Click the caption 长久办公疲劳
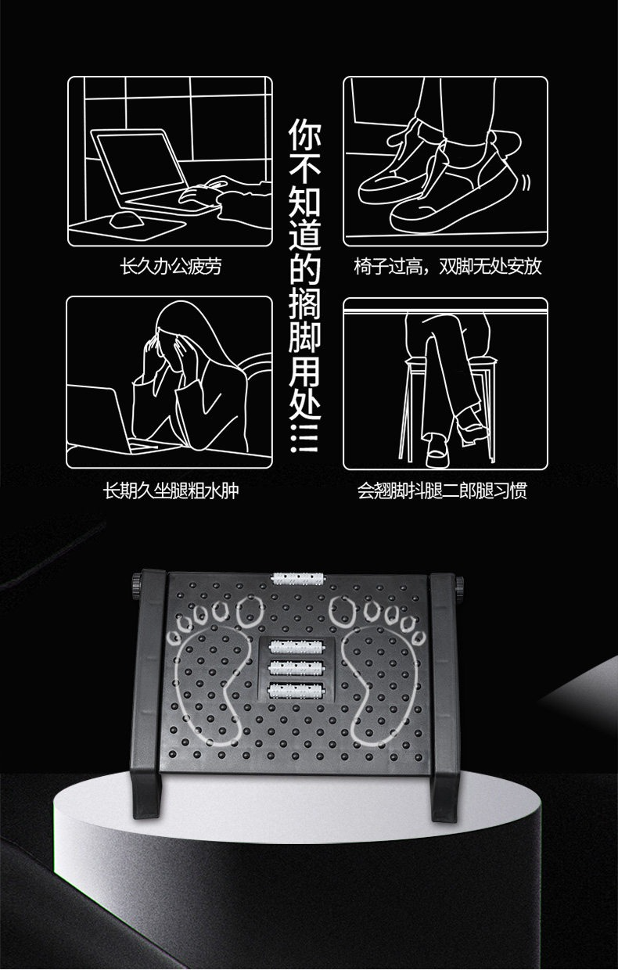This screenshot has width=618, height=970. [171, 266]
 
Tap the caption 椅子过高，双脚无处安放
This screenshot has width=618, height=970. [447, 266]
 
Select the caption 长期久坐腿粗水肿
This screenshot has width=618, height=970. [171, 491]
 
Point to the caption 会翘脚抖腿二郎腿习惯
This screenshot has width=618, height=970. [442, 491]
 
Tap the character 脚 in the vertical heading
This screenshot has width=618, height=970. [305, 336]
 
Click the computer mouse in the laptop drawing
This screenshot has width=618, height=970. [126, 220]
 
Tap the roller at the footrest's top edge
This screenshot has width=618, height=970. [298, 578]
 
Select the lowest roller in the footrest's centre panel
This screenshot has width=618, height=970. [296, 690]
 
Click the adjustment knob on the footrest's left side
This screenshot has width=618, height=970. [138, 586]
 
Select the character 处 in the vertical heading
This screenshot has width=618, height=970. [305, 404]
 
